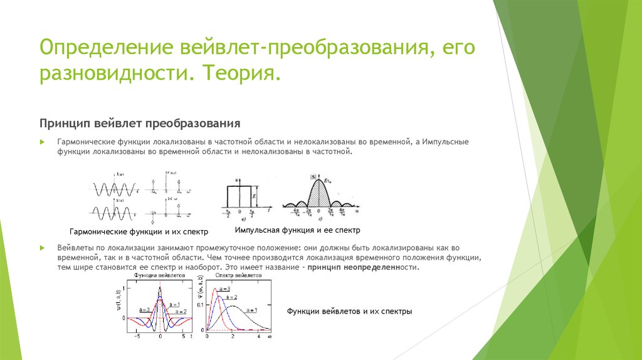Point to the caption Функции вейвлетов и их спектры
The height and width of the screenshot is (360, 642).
pyautogui.click(x=349, y=312)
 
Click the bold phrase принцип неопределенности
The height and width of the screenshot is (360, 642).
pyautogui.click(x=363, y=267)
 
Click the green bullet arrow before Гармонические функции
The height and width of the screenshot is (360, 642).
pyautogui.click(x=42, y=142)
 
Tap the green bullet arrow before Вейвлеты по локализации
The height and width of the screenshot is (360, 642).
pyautogui.click(x=42, y=248)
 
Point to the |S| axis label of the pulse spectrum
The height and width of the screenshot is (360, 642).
pyautogui.click(x=312, y=176)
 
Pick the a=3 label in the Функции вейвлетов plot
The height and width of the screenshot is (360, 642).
pyautogui.click(x=144, y=309)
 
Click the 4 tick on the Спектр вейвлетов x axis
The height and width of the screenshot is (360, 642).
pyautogui.click(x=258, y=337)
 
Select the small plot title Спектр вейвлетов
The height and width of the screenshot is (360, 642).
pyautogui.click(x=234, y=276)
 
